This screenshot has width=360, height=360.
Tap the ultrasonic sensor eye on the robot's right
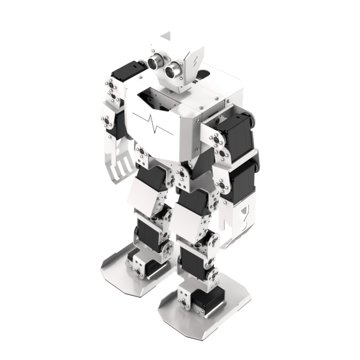(155, 61)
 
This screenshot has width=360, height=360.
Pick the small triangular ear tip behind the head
(165, 36)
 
